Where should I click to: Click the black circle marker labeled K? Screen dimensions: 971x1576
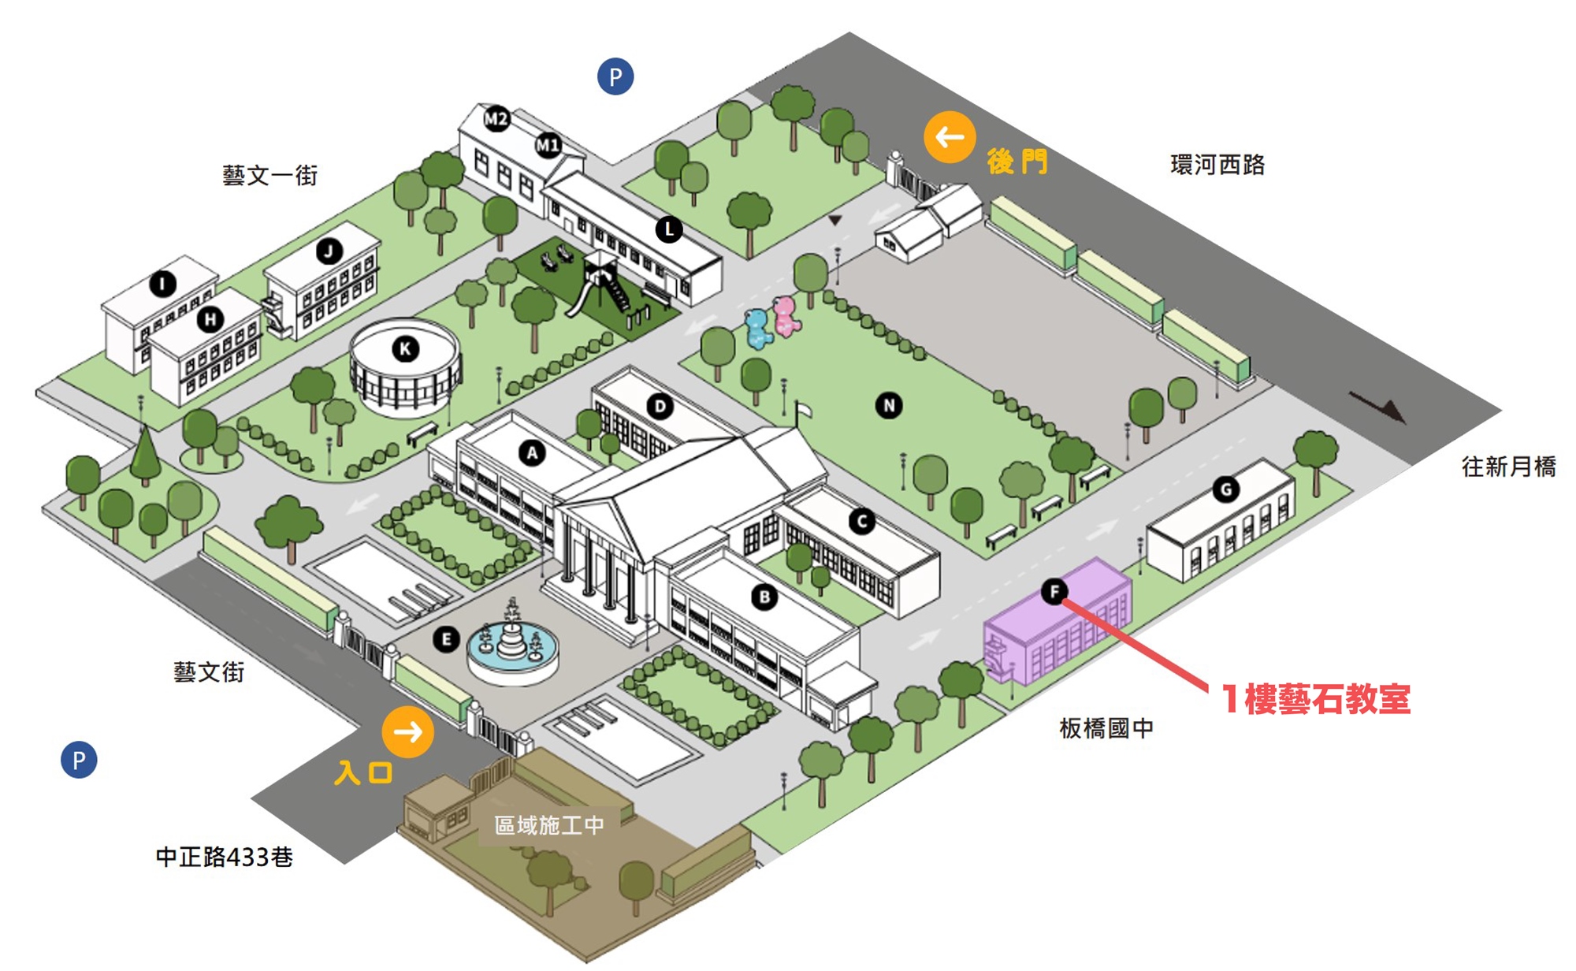coord(405,348)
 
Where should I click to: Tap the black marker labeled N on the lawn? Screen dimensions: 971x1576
coord(889,406)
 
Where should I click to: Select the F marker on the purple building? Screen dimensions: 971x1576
coord(1054,591)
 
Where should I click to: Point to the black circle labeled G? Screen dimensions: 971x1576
coord(1226,489)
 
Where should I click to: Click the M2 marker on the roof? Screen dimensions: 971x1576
coord(496,119)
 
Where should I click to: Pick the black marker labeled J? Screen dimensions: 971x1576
coord(329,251)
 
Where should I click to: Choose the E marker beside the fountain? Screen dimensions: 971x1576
coord(446,639)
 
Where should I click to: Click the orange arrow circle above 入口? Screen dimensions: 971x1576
coord(407,732)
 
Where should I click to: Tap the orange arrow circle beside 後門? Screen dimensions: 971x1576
coord(950,137)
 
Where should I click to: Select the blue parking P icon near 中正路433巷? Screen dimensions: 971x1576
coord(79,760)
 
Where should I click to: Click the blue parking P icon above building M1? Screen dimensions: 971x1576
coord(615,76)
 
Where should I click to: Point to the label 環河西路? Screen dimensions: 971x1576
coord(1217,165)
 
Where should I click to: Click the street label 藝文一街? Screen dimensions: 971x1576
coord(269,175)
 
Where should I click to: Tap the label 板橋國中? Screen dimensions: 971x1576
coord(1106,728)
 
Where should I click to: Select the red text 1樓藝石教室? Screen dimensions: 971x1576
coord(1315,699)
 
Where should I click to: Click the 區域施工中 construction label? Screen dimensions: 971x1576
coord(549,825)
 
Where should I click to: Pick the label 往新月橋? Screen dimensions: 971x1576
coord(1508,467)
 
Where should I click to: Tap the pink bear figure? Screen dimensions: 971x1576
coord(786,315)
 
